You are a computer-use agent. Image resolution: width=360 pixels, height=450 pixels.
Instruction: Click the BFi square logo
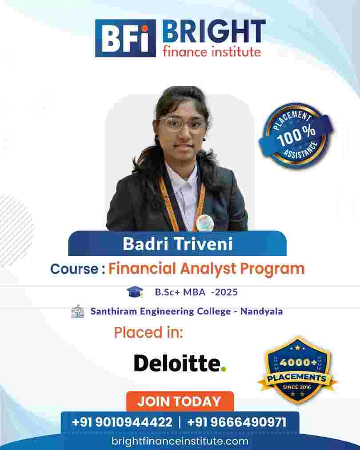(125, 38)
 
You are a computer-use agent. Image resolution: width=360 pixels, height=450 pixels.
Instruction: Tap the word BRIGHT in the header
(214, 32)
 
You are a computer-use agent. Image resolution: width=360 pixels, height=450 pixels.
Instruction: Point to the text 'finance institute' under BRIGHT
(212, 52)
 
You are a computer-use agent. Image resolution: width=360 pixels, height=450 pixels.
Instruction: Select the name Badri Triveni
(178, 244)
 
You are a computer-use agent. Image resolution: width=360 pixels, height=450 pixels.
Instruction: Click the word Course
(74, 269)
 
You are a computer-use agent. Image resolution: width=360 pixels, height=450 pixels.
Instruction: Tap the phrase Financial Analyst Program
(206, 269)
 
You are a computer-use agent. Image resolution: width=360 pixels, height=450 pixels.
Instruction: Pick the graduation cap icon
(135, 291)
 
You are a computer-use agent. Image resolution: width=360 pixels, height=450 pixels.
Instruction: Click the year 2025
(226, 292)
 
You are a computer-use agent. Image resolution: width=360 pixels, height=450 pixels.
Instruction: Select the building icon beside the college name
(77, 311)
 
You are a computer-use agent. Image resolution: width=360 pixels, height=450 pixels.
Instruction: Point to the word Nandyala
(261, 311)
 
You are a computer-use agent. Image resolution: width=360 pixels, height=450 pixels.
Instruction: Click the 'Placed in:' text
(148, 333)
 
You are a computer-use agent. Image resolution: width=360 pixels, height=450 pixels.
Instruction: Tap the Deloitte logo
(180, 363)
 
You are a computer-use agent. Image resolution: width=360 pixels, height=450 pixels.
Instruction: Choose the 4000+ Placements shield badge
(297, 370)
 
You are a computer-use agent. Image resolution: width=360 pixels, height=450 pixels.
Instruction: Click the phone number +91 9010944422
(122, 422)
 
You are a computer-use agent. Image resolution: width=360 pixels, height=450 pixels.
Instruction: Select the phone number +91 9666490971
(237, 422)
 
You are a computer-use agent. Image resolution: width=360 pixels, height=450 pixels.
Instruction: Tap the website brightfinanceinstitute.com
(180, 441)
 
